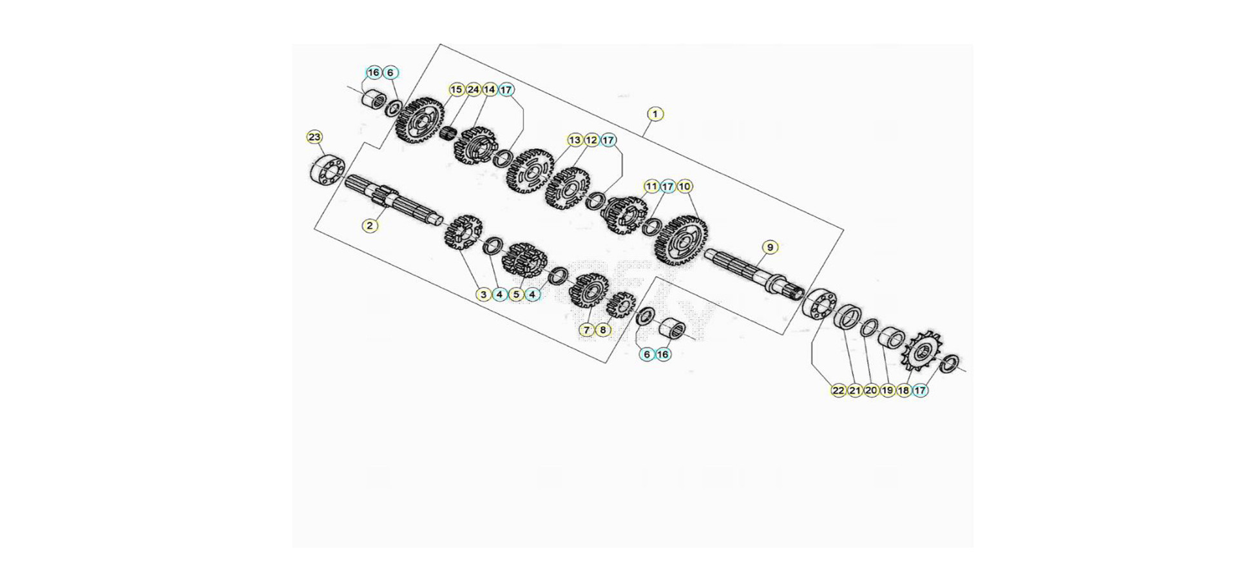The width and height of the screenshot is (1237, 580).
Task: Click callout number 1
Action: (655, 114)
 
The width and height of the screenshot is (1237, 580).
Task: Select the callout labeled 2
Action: (370, 226)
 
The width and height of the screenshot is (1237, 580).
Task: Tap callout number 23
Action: (314, 137)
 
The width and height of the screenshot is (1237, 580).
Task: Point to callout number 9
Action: (770, 247)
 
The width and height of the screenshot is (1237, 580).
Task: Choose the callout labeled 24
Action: (474, 90)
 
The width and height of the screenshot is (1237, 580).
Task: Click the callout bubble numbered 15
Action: (457, 90)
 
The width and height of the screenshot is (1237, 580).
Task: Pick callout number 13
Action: (575, 140)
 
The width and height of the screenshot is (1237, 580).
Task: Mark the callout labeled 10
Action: (684, 186)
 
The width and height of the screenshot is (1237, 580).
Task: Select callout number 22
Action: (838, 390)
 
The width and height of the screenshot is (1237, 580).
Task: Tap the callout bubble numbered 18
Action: (904, 390)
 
